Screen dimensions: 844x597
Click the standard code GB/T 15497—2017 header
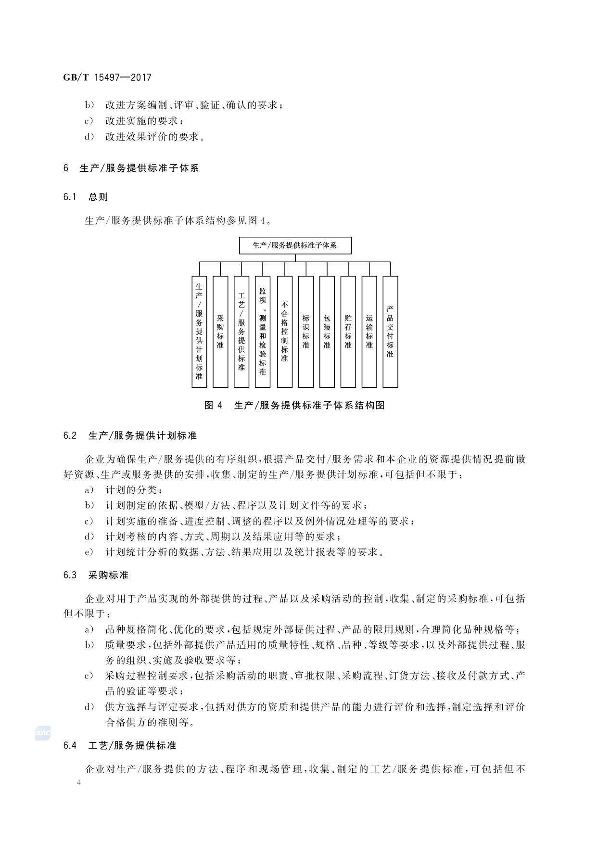pyautogui.click(x=107, y=77)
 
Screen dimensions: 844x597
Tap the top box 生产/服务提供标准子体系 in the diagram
pyautogui.click(x=295, y=245)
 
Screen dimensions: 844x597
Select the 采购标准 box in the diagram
pyautogui.click(x=220, y=332)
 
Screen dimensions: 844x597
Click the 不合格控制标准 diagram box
pyautogui.click(x=284, y=332)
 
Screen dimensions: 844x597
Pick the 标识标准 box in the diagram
pyautogui.click(x=305, y=332)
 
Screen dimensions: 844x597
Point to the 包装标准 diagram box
pyautogui.click(x=327, y=332)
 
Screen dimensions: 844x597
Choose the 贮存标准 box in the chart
pyautogui.click(x=348, y=332)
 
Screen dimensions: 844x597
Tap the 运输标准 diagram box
pyautogui.click(x=369, y=332)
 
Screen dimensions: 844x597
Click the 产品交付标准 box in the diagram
pyautogui.click(x=390, y=332)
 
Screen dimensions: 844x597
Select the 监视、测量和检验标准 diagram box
pyautogui.click(x=263, y=332)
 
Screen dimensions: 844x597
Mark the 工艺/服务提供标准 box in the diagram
pyautogui.click(x=241, y=332)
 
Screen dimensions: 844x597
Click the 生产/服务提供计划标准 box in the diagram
pyautogui.click(x=199, y=332)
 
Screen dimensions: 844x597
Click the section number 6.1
pyautogui.click(x=70, y=197)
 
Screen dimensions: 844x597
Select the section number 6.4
pyautogui.click(x=70, y=745)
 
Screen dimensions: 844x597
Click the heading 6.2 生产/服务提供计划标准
pyautogui.click(x=130, y=436)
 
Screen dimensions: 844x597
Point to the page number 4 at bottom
pyautogui.click(x=79, y=783)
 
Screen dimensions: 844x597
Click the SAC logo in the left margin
pyautogui.click(x=42, y=733)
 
